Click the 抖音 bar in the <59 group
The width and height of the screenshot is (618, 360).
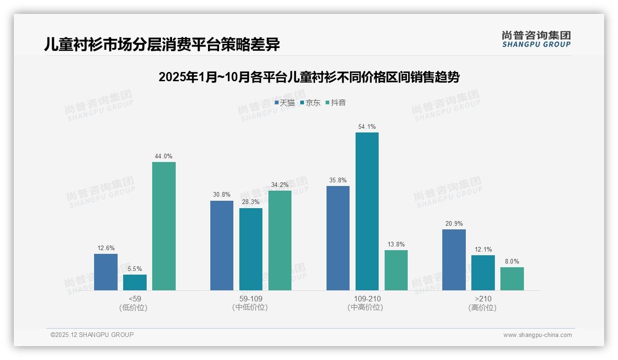[x=164, y=226]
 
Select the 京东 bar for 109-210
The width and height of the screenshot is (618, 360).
[x=367, y=211]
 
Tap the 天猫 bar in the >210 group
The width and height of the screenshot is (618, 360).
[x=454, y=260]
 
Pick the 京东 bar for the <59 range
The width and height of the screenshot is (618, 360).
[x=135, y=282]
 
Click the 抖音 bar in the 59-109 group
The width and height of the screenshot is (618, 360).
[x=280, y=240]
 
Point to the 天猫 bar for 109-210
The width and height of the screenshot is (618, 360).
[x=338, y=238]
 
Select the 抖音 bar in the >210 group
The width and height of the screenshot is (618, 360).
[x=512, y=279]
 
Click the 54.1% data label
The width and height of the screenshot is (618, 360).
[x=367, y=126]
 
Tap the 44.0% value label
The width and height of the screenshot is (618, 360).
[x=163, y=156]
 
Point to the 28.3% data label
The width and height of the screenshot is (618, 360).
[x=250, y=202]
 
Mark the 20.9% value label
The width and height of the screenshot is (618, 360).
[x=454, y=223]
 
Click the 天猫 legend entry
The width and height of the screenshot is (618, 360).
[x=285, y=102]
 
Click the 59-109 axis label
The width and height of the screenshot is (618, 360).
[x=250, y=299]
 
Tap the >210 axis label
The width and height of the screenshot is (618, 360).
[x=482, y=299]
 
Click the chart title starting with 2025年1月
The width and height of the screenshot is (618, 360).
[x=309, y=77]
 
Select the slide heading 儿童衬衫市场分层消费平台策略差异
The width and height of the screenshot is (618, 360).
[x=162, y=45]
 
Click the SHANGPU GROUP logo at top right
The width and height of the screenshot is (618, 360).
[x=536, y=39]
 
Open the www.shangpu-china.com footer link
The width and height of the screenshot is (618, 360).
[x=537, y=335]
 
